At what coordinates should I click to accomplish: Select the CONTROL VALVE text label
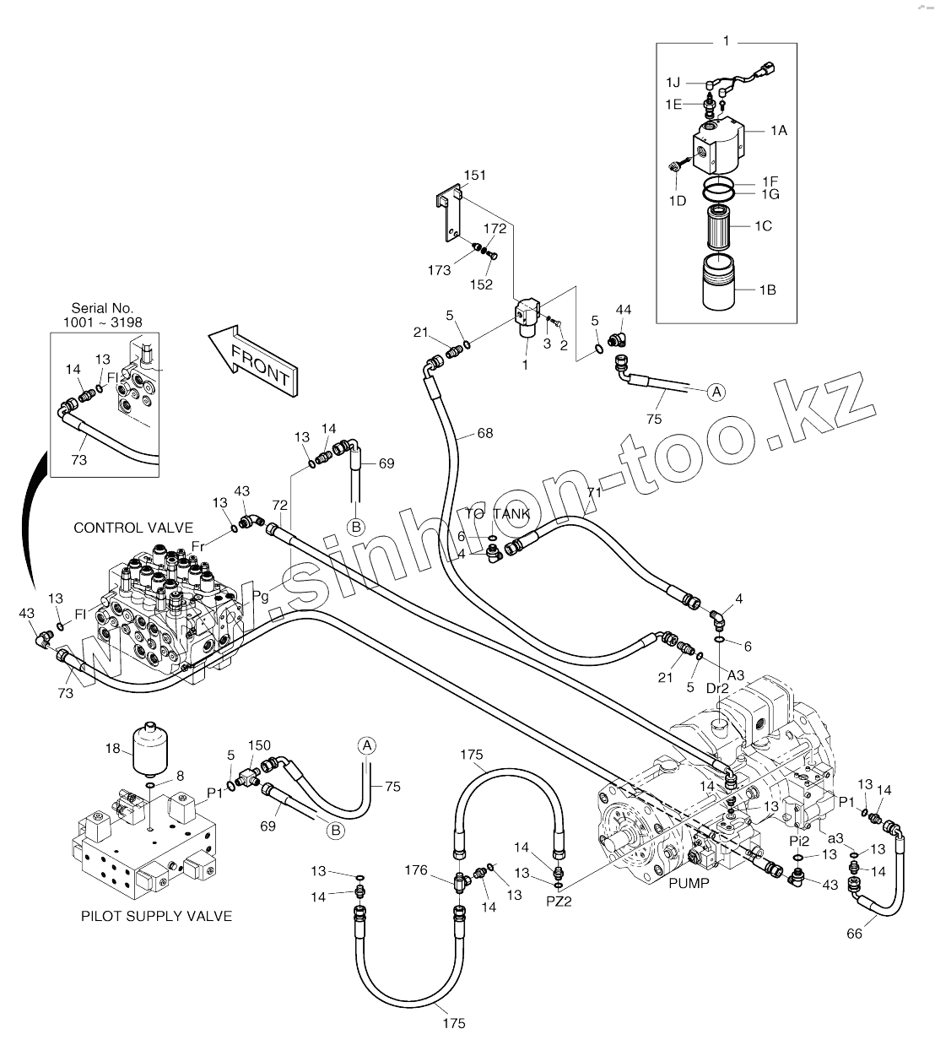(133, 528)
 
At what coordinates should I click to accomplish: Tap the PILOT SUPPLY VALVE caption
(156, 916)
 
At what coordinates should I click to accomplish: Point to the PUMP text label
(689, 883)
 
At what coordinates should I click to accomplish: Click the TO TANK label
(500, 513)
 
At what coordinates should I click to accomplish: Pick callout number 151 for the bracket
(475, 176)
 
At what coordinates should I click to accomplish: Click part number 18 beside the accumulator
(112, 748)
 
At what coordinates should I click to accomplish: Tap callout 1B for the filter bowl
(767, 290)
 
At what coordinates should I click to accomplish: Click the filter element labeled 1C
(720, 226)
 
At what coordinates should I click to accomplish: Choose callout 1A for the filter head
(777, 130)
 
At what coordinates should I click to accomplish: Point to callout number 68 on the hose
(485, 434)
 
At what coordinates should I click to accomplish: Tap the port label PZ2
(559, 901)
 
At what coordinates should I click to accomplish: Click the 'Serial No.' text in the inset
(103, 309)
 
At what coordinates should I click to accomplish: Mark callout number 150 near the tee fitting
(259, 745)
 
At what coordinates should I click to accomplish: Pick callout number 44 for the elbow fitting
(624, 311)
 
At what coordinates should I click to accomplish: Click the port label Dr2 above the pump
(717, 688)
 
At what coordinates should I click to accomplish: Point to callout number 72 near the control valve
(280, 505)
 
